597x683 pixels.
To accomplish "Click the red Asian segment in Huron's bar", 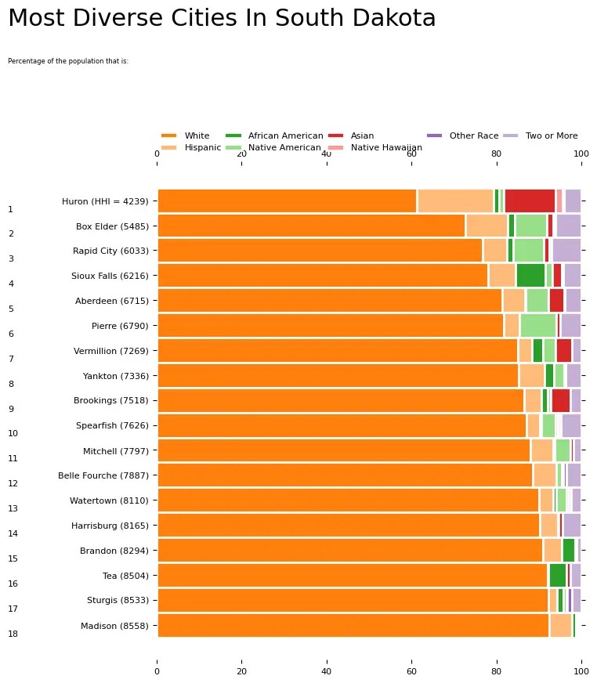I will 530,201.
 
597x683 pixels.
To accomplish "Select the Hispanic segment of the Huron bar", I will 455,201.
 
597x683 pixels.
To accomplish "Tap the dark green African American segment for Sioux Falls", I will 530,276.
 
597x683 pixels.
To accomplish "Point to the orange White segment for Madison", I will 353,626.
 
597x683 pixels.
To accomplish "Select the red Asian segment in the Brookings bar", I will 560,400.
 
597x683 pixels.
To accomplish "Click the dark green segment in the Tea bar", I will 557,576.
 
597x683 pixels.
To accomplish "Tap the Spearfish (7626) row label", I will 112,425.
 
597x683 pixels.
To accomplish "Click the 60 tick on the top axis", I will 411,154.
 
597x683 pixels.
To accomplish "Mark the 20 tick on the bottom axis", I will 242,670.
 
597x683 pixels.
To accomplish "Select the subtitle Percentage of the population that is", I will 68,60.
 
